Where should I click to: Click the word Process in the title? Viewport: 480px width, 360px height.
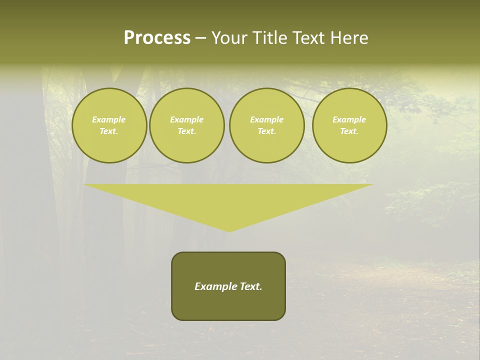tap(157, 38)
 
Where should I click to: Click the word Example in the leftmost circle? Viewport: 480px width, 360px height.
tap(109, 119)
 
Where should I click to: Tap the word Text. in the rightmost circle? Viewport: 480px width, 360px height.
tap(349, 131)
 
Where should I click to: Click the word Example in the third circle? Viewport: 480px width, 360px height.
tap(266, 119)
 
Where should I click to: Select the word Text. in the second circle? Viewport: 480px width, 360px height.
tap(187, 131)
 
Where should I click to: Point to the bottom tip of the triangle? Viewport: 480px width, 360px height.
tap(229, 230)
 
